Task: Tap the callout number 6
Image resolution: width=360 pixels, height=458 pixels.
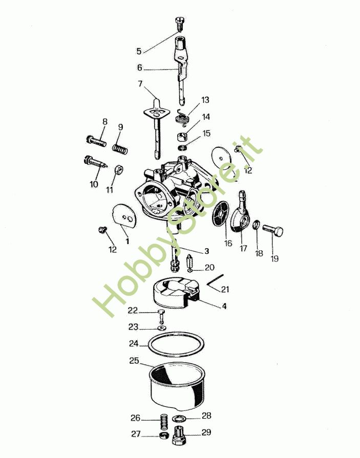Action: pos(140,68)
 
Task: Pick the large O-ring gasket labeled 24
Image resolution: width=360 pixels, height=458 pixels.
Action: pos(175,344)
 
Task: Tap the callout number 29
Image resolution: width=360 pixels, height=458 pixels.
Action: pos(206,432)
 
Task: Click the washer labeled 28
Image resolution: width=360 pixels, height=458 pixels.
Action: pos(179,419)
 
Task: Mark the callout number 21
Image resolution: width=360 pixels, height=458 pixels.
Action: pos(225,289)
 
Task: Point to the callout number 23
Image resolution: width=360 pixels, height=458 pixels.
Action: pos(133,327)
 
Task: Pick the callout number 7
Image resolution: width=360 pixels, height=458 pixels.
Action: pos(140,84)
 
